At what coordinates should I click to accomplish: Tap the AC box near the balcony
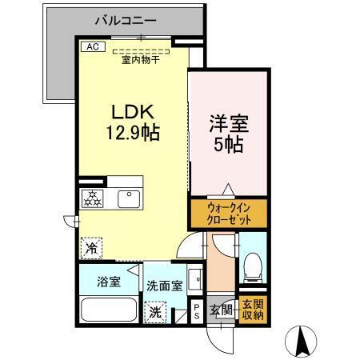tap(92, 47)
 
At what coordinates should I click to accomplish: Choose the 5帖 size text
tap(227, 146)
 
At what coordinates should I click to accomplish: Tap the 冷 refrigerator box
tap(91, 249)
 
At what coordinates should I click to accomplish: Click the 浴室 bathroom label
tap(109, 282)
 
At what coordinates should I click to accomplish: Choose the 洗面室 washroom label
tap(164, 285)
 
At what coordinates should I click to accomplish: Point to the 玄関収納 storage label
tap(251, 309)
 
